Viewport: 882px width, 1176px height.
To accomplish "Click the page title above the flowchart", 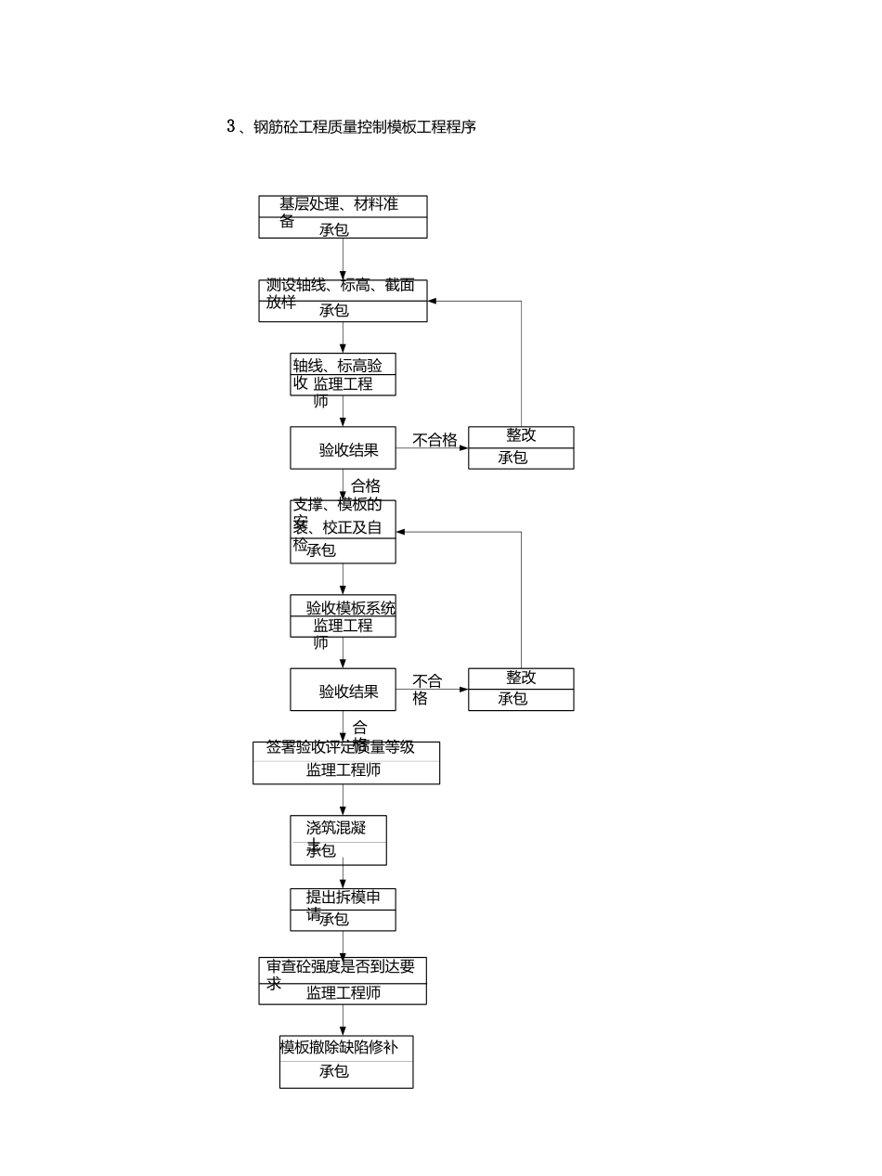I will (x=351, y=127).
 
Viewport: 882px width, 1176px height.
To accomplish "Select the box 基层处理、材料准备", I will (x=343, y=216).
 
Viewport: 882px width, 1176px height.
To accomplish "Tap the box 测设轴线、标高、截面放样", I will (x=343, y=300).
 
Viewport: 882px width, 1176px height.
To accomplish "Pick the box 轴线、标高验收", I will (x=343, y=374).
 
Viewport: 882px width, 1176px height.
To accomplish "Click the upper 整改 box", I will (x=521, y=447).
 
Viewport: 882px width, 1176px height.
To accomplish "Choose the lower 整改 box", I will (x=521, y=689).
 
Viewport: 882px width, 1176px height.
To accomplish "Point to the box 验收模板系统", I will (x=343, y=615).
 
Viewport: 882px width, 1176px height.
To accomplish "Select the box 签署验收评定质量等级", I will (x=345, y=762).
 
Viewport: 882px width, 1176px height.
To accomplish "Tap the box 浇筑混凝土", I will (x=338, y=840).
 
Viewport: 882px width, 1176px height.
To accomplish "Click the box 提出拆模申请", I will (x=343, y=909).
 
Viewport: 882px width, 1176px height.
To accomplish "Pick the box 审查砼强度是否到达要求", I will (x=343, y=980).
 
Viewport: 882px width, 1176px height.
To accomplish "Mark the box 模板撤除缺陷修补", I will (x=345, y=1061).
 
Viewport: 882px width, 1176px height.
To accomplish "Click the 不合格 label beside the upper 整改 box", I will (x=435, y=440).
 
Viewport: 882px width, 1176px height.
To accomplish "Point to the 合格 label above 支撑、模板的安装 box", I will (x=366, y=485).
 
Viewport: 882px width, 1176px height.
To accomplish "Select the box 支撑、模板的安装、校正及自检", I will (x=343, y=531).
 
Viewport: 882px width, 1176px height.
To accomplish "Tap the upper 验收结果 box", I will (x=343, y=449).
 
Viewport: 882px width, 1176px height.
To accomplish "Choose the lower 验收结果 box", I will (x=343, y=691).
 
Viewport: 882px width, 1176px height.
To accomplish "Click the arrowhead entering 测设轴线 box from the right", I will (x=433, y=301).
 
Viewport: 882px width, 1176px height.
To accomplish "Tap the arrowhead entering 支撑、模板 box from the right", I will (x=401, y=532).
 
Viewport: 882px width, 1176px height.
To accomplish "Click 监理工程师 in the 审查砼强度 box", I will (x=343, y=993).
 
